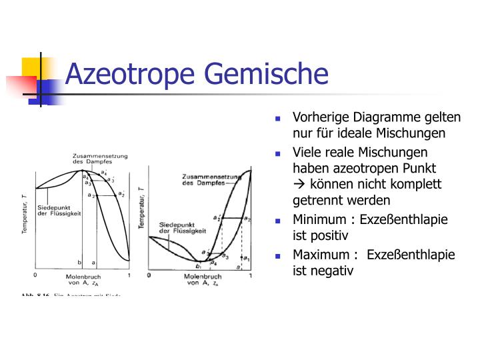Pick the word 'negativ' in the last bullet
(x=332, y=271)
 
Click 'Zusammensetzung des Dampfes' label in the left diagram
(x=100, y=159)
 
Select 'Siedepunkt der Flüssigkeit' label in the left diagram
(x=60, y=209)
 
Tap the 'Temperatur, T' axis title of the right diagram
(x=142, y=209)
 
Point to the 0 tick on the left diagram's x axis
(x=35, y=274)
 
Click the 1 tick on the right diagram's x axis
(x=251, y=275)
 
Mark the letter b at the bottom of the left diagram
(x=80, y=263)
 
